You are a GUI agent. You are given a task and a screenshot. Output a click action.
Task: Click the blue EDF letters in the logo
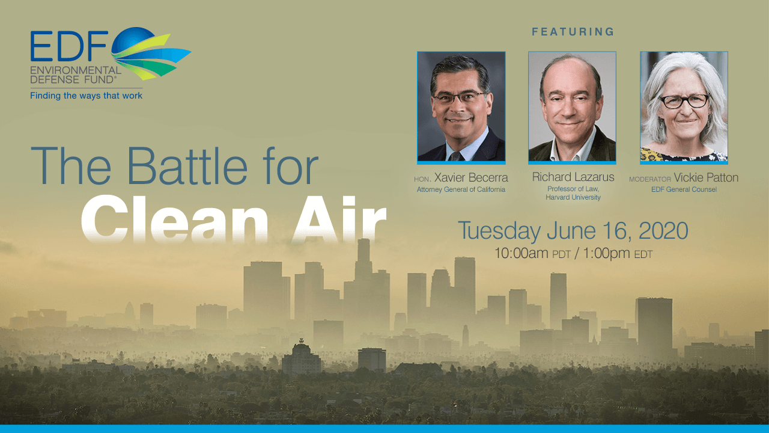tap(69, 46)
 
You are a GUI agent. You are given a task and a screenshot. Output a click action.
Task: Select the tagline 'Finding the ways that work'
tap(86, 96)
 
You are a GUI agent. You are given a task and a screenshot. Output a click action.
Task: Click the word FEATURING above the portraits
tap(573, 32)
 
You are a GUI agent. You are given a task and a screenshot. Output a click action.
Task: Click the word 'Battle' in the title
tap(187, 166)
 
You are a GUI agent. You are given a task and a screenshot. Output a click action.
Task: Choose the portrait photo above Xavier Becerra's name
tap(461, 106)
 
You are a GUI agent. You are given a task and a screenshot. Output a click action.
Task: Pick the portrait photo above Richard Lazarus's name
tap(572, 106)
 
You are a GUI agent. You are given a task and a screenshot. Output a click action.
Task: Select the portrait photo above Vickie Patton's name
tap(684, 106)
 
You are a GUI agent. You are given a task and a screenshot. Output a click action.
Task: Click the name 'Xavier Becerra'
tap(471, 177)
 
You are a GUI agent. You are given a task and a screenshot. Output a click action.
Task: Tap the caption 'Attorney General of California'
tap(461, 189)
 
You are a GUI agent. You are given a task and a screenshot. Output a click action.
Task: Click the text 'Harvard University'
tap(573, 197)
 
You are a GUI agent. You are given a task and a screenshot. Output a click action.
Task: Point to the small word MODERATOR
tap(650, 179)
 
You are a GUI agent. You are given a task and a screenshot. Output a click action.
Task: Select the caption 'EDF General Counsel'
tap(684, 189)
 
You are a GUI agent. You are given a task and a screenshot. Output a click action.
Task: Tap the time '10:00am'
tap(521, 253)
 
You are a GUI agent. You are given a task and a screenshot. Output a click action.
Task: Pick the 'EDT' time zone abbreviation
tap(643, 254)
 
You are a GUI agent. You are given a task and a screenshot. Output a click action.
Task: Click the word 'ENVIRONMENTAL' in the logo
tap(76, 70)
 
